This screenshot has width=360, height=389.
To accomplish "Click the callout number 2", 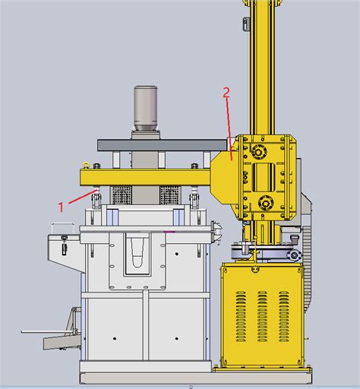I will pos(226,93).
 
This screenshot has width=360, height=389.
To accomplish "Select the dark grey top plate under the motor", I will pos(163,144).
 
